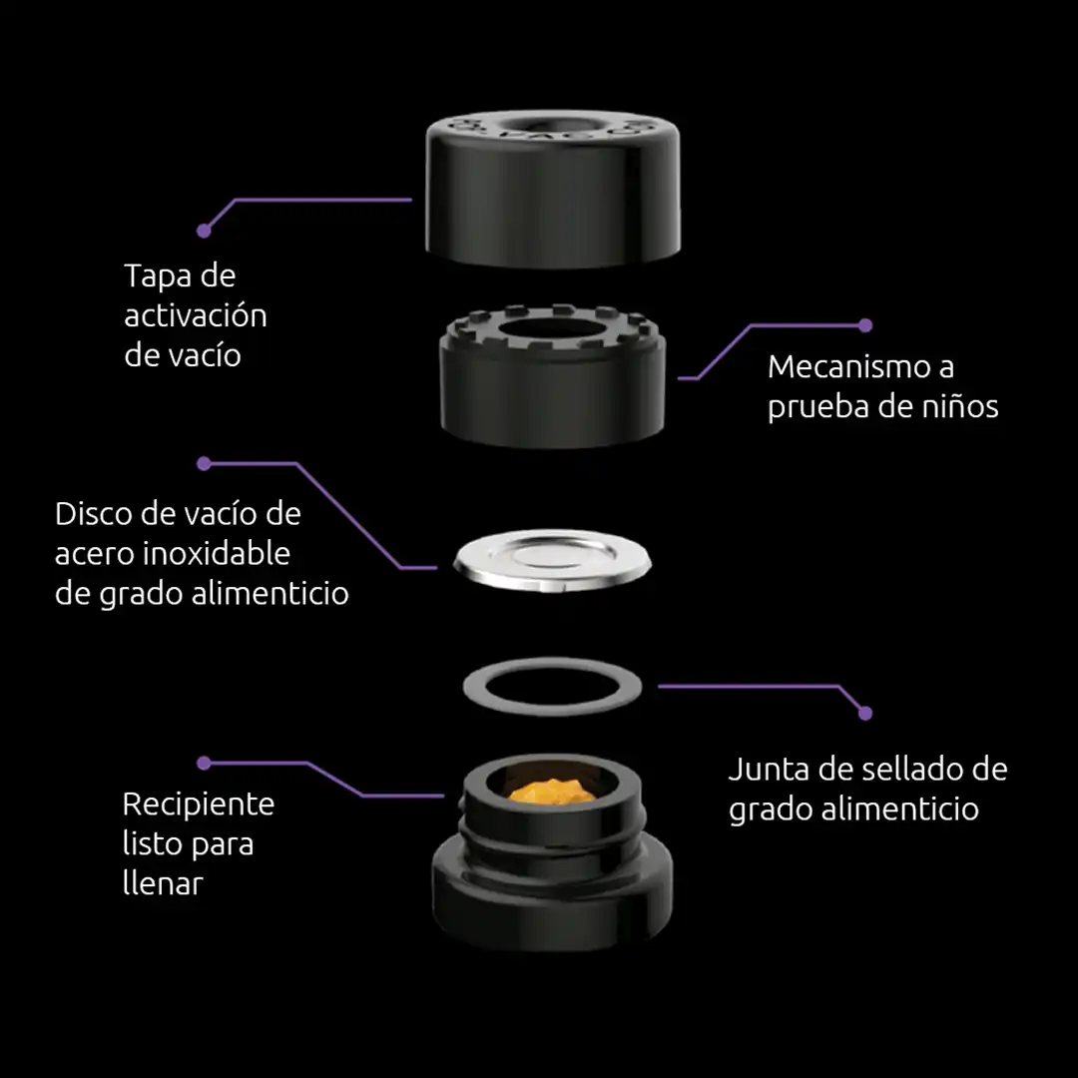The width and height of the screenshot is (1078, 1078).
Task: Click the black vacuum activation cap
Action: (553, 189)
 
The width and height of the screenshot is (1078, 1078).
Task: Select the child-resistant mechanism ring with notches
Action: (553, 375)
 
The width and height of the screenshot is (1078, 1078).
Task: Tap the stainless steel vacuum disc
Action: (553, 560)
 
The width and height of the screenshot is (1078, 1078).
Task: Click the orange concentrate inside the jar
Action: (552, 791)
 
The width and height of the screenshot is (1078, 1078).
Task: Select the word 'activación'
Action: (196, 316)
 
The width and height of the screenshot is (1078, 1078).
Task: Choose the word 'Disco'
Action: (93, 514)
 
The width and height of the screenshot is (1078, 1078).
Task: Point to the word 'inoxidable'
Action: (220, 553)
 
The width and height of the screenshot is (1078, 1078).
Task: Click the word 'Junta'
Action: (768, 770)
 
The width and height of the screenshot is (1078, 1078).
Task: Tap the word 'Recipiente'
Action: (199, 805)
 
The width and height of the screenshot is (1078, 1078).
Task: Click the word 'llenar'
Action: (163, 883)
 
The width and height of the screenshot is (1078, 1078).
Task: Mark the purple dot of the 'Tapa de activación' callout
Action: (204, 231)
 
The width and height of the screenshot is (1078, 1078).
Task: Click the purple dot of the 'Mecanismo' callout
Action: (865, 325)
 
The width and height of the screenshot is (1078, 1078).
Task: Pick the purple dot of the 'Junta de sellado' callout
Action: (865, 714)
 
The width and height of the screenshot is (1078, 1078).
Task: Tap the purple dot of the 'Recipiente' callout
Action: (204, 764)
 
